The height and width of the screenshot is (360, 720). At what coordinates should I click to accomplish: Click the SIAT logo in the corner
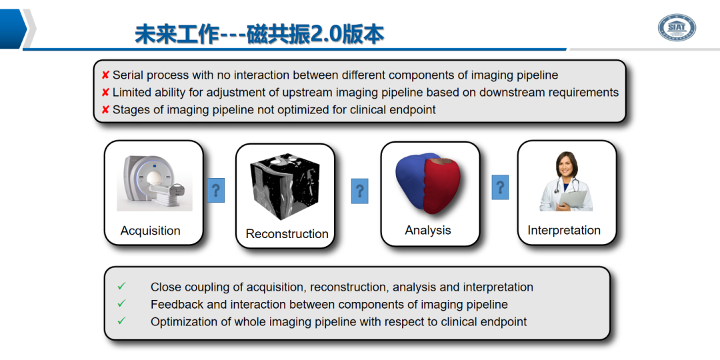coord(676,27)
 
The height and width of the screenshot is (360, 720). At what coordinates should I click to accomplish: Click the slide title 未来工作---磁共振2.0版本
coord(259,34)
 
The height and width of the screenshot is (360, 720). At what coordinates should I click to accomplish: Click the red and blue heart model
coord(429,184)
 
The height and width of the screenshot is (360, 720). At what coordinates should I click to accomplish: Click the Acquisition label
coord(150,231)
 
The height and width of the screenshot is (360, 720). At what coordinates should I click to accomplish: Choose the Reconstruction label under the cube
coord(287,234)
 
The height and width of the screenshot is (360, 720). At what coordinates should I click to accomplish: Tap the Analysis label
coord(428,230)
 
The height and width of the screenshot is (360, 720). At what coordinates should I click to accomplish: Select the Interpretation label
coord(564,230)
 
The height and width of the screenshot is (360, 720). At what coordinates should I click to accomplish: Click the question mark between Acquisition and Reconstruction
coord(215,191)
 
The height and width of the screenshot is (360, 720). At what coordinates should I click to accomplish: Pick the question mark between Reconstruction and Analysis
coord(360,191)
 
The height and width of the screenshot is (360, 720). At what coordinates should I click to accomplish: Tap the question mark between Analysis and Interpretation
coord(500,187)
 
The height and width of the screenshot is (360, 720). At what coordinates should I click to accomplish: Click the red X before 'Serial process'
coord(105,75)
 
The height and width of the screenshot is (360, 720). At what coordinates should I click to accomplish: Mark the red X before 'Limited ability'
coord(105,93)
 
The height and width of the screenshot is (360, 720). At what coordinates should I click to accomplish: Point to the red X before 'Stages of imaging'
coord(105,110)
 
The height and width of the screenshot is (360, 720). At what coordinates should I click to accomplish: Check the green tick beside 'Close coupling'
coord(121,286)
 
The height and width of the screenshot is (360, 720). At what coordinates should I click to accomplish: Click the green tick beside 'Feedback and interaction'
coord(121,303)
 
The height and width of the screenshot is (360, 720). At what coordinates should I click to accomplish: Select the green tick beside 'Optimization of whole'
coord(121,321)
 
